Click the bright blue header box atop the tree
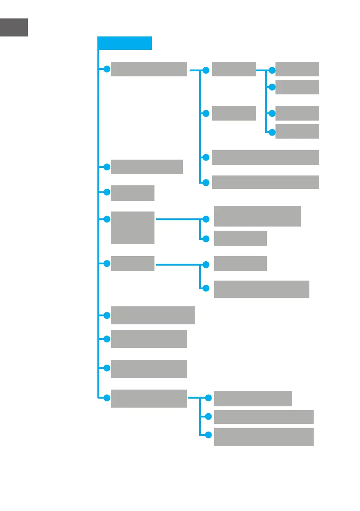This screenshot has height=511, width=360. (x=124, y=43)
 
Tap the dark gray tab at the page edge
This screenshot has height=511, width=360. (x=14, y=27)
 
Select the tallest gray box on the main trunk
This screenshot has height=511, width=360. (x=133, y=227)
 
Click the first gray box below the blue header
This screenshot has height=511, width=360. (x=148, y=69)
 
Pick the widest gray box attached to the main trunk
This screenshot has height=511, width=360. (x=153, y=315)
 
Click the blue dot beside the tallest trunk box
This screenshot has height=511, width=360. (x=107, y=219)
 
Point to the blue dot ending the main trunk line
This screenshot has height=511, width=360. (x=107, y=397)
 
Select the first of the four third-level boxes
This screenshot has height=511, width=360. (x=297, y=69)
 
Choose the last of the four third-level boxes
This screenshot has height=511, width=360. (x=297, y=131)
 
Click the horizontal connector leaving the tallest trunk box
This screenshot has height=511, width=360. (x=178, y=219)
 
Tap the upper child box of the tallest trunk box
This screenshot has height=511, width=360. (x=257, y=216)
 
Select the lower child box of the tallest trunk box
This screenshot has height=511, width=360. (x=240, y=239)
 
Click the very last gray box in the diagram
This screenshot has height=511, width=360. (x=263, y=437)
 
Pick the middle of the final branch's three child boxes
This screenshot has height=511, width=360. (x=263, y=417)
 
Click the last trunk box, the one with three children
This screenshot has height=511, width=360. (x=148, y=398)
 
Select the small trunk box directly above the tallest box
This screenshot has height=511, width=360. (x=133, y=193)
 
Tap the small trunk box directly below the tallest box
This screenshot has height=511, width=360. (x=133, y=263)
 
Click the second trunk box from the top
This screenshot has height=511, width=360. (x=146, y=167)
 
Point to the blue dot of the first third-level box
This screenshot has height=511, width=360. (x=272, y=69)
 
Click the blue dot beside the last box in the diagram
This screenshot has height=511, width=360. (x=209, y=435)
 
